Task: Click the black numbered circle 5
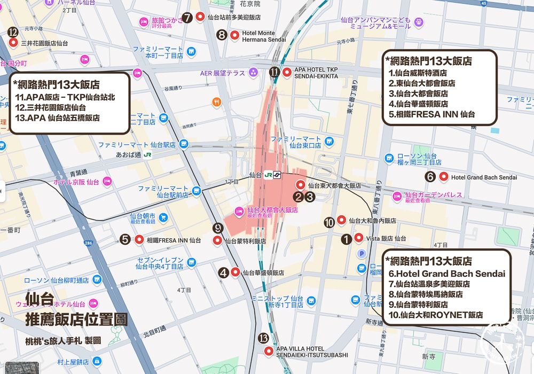coord(125,240)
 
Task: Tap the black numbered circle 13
coord(263,338)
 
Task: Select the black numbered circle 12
coord(13,33)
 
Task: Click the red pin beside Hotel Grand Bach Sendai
coord(443,177)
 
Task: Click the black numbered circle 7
coord(187,17)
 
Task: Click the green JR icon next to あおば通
coord(148,155)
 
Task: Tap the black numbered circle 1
coord(347,239)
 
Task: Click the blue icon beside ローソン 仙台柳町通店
coord(97,280)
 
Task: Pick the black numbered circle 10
coord(329,222)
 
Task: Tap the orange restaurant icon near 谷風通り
coord(216,101)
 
